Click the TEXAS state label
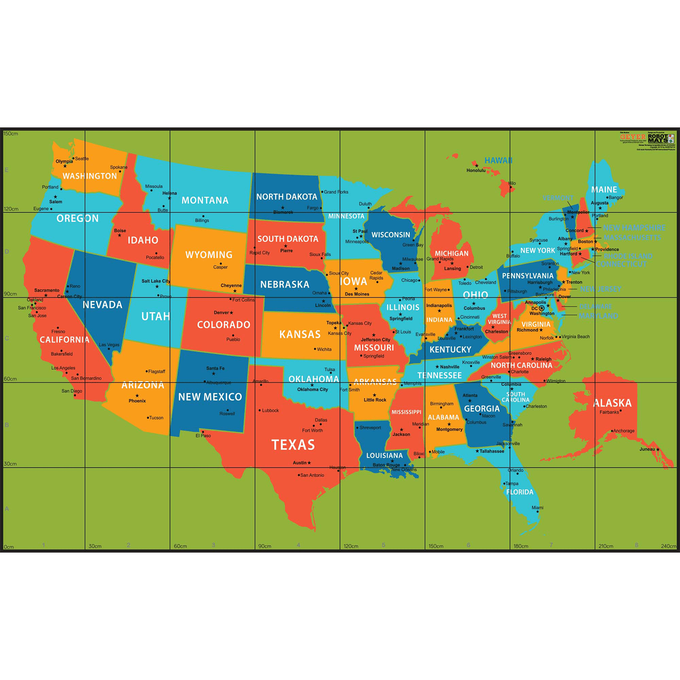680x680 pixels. click(293, 445)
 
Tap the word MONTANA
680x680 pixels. click(205, 200)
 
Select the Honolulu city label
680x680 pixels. click(476, 170)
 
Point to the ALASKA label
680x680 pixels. click(612, 403)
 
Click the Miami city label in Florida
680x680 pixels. click(537, 508)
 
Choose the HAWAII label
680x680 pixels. click(498, 160)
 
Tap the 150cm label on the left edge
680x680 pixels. click(11, 134)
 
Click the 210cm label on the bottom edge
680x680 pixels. click(606, 546)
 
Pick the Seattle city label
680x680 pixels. click(82, 159)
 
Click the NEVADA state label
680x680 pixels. click(102, 305)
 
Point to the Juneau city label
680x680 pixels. click(647, 449)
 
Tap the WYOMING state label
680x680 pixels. click(209, 255)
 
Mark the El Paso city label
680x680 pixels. click(203, 436)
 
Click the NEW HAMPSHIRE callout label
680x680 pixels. click(634, 228)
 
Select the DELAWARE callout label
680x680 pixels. click(595, 306)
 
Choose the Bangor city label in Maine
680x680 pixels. click(616, 198)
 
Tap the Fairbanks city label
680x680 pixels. click(609, 412)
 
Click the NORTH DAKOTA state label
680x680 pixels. click(287, 197)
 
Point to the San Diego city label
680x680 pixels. click(72, 391)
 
